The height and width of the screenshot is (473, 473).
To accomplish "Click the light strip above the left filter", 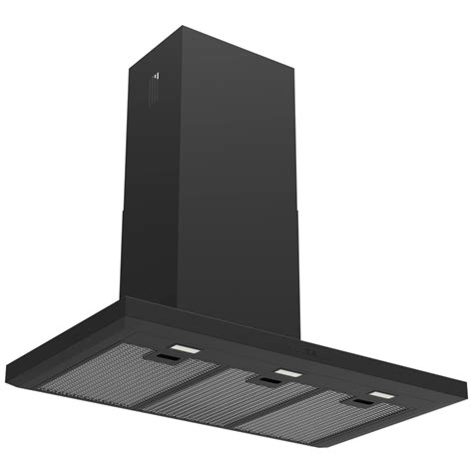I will click(183, 348).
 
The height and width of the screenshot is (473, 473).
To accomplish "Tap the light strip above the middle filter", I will click(288, 372).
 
